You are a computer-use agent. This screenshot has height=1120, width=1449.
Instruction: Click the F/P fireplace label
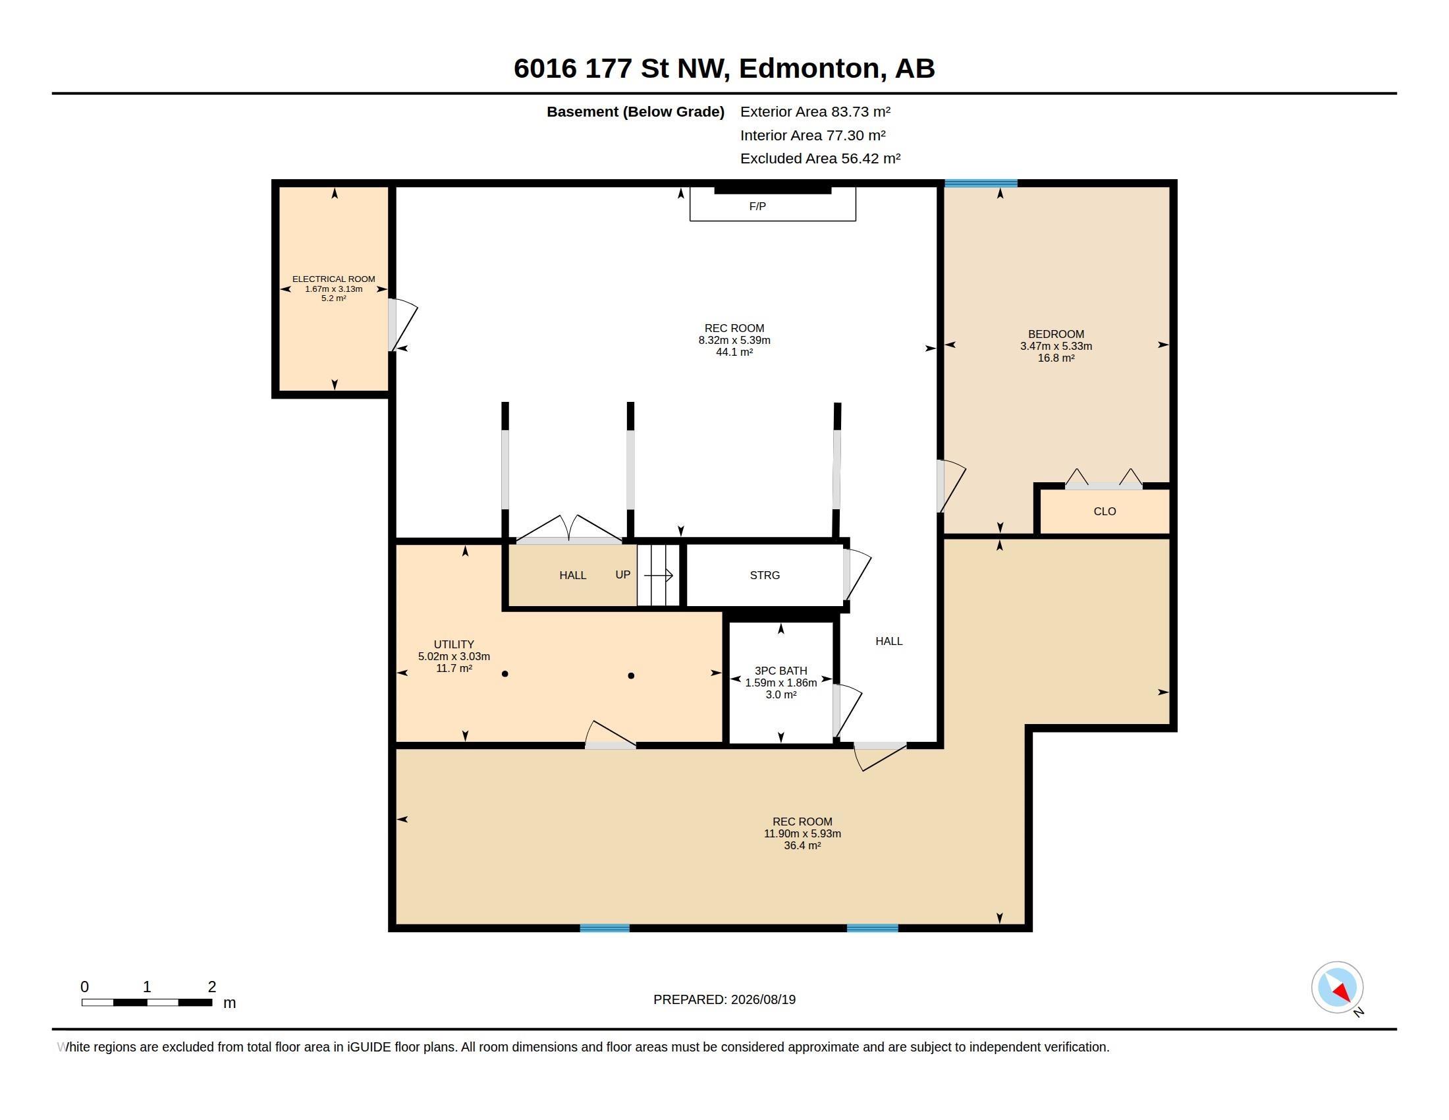tap(757, 206)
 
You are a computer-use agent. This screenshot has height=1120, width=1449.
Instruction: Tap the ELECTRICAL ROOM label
tap(334, 279)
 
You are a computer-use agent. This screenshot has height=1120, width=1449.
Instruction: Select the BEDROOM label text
tap(1056, 335)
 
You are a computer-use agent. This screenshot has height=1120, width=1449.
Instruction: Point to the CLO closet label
tap(1105, 511)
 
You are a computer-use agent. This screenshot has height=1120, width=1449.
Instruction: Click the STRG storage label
tap(764, 575)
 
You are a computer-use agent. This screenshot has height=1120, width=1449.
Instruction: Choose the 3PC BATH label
tap(781, 671)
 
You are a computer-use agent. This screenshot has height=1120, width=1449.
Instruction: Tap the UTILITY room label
tap(454, 644)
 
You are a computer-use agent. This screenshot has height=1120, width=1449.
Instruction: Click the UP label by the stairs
tap(622, 574)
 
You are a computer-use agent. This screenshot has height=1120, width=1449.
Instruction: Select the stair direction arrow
tap(658, 575)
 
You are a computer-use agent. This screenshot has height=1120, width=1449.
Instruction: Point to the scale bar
tap(147, 1002)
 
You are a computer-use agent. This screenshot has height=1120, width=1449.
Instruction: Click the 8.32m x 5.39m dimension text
tap(734, 341)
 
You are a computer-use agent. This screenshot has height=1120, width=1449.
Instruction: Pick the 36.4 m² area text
tap(802, 845)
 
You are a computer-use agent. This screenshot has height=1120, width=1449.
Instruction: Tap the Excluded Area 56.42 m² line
tap(820, 159)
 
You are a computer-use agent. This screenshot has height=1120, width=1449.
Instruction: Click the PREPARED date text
tap(724, 999)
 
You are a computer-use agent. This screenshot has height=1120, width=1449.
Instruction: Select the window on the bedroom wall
tap(981, 183)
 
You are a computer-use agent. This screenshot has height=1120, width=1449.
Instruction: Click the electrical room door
tap(402, 325)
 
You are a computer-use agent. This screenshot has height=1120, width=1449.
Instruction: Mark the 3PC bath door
tap(847, 711)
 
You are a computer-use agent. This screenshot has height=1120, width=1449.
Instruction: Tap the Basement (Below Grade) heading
tap(635, 112)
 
